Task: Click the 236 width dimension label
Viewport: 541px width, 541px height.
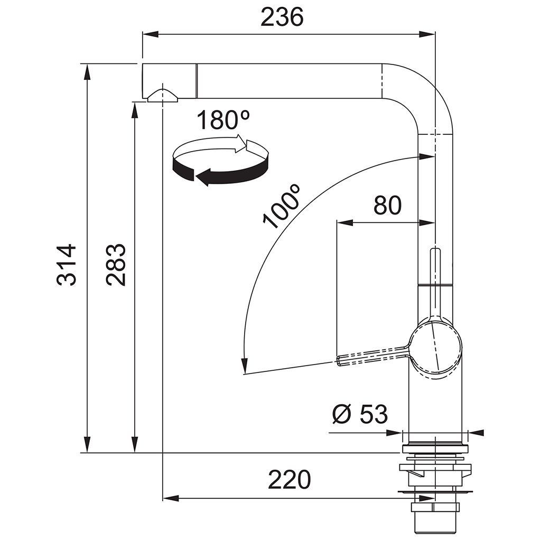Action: coord(282,17)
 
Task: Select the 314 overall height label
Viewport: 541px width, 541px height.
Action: coord(66,265)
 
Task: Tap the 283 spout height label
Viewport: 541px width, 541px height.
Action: coord(116,265)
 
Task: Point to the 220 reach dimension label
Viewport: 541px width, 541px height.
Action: coord(290,479)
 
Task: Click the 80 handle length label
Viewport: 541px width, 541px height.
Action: coord(387,206)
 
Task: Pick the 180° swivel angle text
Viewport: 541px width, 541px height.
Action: coord(223,120)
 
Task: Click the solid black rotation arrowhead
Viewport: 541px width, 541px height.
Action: coord(203,176)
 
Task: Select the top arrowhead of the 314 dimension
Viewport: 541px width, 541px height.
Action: coord(87,72)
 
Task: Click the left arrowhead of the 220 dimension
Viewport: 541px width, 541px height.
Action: coord(171,498)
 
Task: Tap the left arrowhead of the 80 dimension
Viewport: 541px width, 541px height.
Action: coord(344,223)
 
